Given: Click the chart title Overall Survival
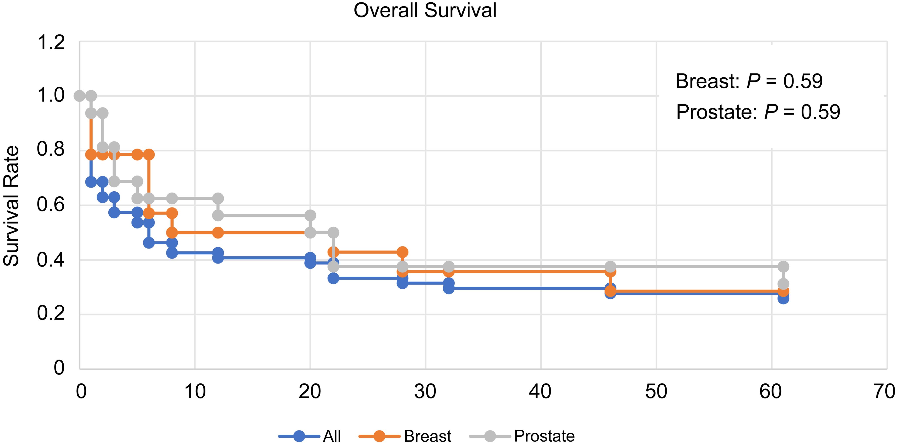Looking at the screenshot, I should point(425,10).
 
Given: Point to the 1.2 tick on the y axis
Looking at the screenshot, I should point(51,43).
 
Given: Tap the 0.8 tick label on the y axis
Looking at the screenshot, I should point(51,150).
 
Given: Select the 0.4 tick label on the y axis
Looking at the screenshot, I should point(51,260).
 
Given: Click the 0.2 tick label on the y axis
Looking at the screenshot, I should point(51,314).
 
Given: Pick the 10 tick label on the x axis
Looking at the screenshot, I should point(195,392).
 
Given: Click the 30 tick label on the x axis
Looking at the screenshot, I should point(425,392).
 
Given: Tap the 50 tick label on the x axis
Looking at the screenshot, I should point(656,392).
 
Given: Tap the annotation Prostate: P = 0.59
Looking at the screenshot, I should point(758,112).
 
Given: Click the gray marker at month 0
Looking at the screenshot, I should point(80,95).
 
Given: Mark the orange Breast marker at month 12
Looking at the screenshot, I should point(218,233).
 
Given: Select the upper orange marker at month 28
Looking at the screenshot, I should point(403,252).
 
